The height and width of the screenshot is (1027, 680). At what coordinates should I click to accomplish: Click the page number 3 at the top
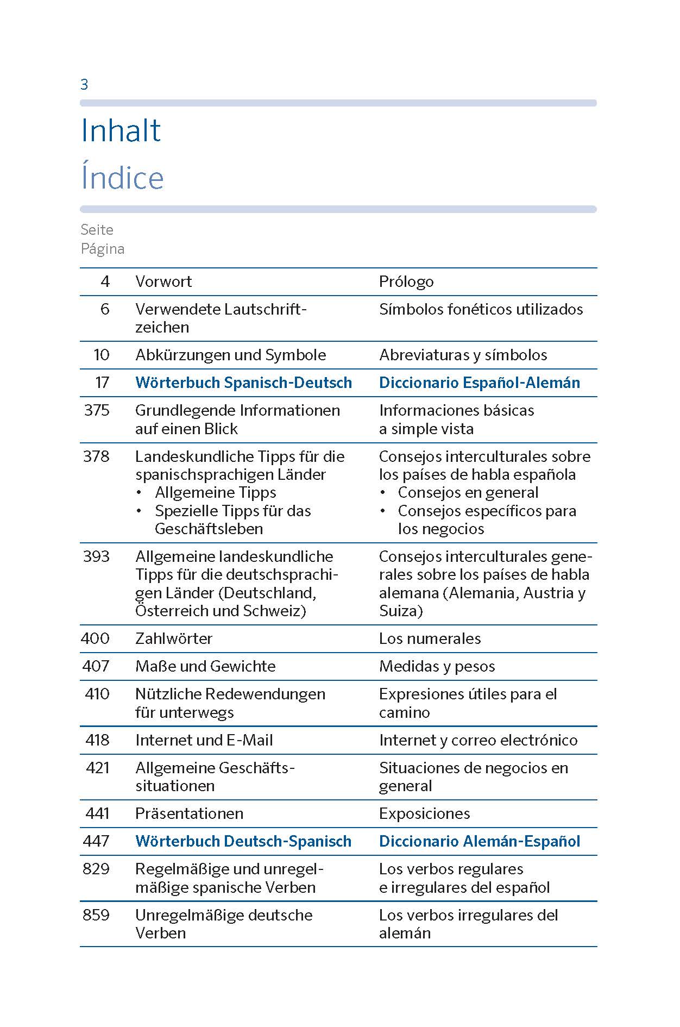[x=84, y=85]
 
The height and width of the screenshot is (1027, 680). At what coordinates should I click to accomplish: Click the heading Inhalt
[x=121, y=131]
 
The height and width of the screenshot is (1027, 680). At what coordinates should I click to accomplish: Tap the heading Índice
[x=122, y=178]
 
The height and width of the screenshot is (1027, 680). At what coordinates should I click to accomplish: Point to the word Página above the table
[x=103, y=249]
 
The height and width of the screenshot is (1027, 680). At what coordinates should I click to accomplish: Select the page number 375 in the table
[x=97, y=410]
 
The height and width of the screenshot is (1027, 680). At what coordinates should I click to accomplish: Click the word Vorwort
[x=163, y=281]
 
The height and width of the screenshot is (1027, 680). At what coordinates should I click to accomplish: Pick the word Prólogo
[x=406, y=281]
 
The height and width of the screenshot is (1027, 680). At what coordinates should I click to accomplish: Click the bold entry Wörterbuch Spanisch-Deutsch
[x=243, y=383]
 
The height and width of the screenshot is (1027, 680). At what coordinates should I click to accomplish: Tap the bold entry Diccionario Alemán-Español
[x=479, y=841]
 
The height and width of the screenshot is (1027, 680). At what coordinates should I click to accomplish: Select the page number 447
[x=96, y=841]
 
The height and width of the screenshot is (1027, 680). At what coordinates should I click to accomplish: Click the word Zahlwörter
[x=174, y=638]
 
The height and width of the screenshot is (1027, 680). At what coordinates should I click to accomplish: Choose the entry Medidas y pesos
[x=437, y=666]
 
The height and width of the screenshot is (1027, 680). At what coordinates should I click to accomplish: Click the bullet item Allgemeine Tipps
[x=215, y=493]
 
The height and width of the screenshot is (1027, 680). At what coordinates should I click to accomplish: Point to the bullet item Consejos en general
[x=468, y=493]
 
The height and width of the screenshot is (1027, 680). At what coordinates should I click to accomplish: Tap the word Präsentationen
[x=189, y=813]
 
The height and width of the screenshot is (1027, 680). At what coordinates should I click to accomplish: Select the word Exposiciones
[x=424, y=813]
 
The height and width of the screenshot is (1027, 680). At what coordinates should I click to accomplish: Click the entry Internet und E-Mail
[x=204, y=740]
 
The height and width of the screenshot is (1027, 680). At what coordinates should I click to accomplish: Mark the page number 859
[x=96, y=915]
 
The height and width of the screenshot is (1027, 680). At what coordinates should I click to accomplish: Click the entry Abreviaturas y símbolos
[x=463, y=355]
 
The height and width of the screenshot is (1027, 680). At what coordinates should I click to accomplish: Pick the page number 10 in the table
[x=102, y=355]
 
